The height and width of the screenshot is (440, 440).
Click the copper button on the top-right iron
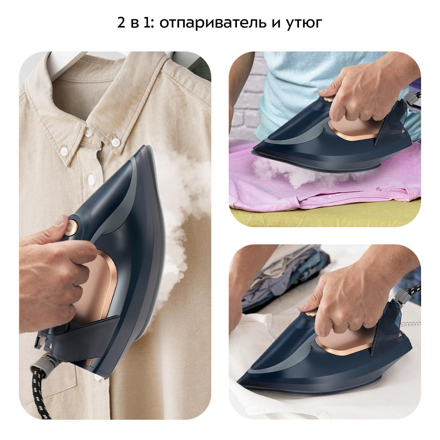pyautogui.click(x=328, y=99)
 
